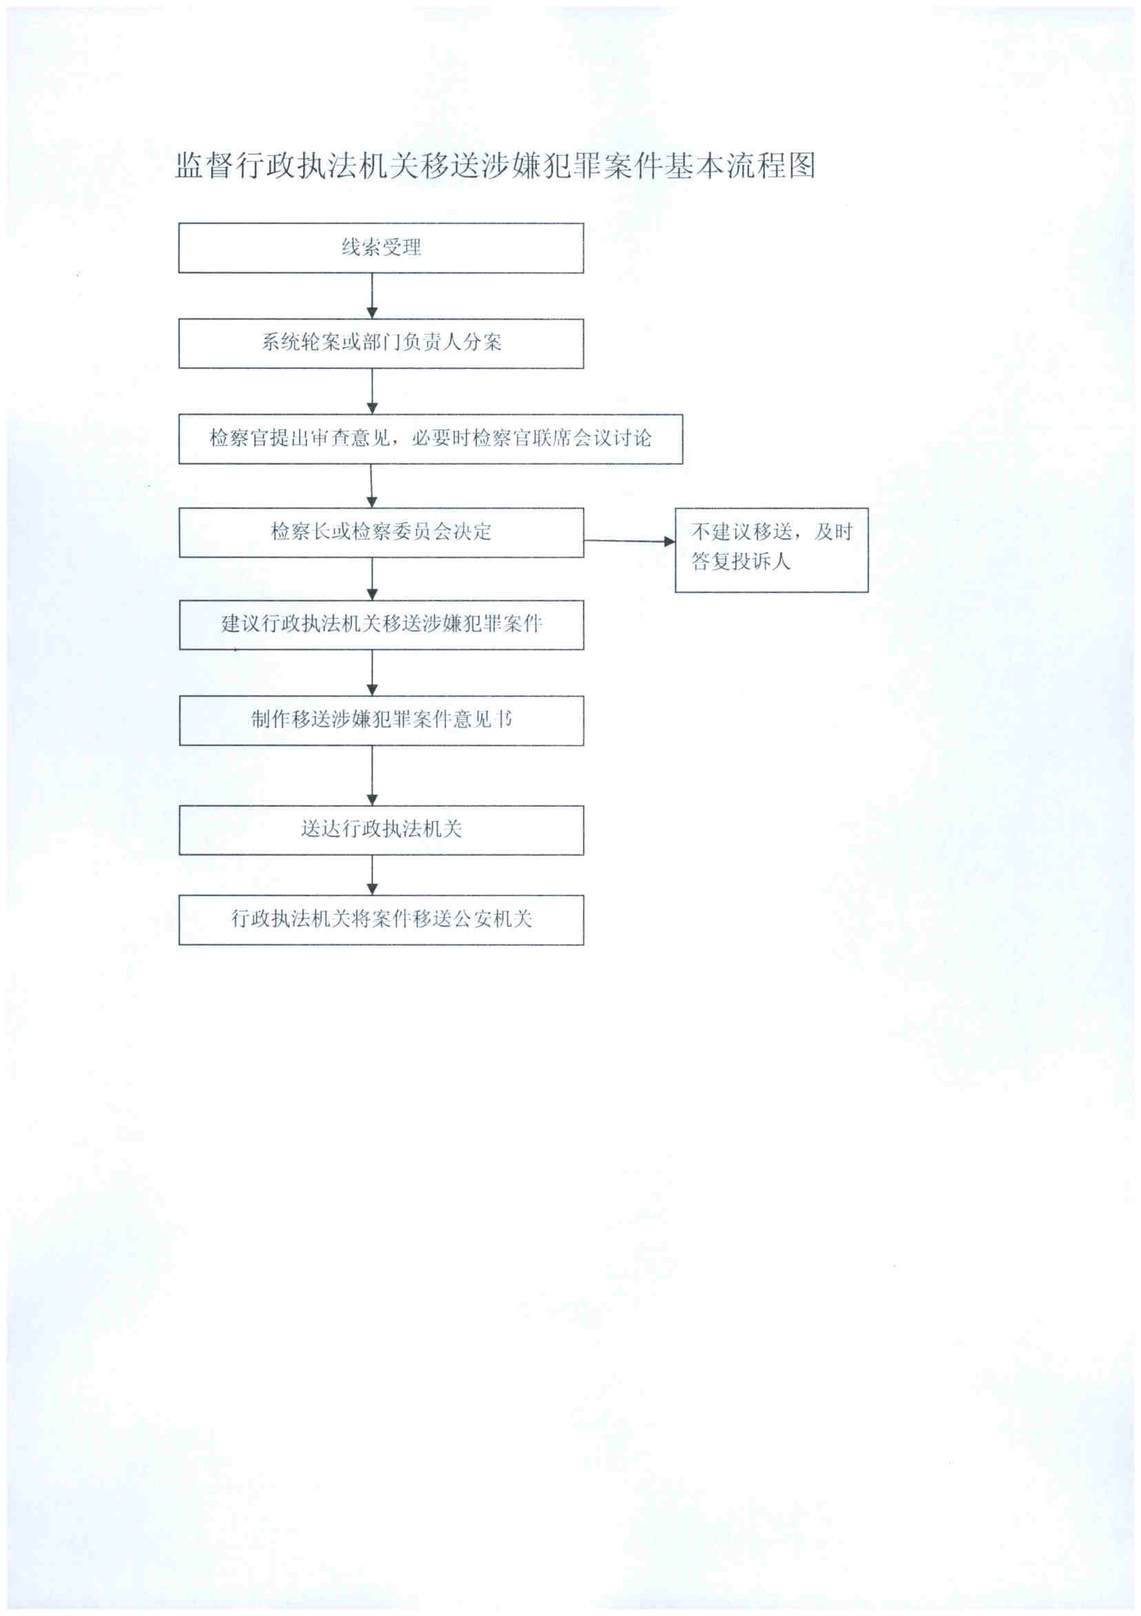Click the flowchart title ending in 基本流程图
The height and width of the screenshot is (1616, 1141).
click(x=495, y=166)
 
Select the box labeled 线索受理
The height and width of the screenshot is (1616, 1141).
click(x=380, y=248)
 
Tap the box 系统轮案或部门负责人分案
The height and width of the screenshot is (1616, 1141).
click(x=380, y=343)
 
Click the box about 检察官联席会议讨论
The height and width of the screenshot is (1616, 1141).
click(x=430, y=439)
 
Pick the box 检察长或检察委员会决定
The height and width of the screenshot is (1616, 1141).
click(x=380, y=533)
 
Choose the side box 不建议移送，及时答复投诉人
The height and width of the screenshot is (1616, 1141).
click(x=771, y=549)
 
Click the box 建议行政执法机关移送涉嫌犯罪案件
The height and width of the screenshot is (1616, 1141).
click(x=380, y=625)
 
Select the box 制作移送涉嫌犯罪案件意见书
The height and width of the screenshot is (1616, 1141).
click(x=380, y=720)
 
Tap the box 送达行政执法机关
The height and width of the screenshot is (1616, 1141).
click(x=380, y=830)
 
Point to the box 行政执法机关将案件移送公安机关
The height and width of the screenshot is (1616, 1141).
click(x=380, y=919)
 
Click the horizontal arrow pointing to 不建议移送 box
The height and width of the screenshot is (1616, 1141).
click(x=629, y=541)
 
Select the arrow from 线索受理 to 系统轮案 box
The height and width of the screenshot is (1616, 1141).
click(x=372, y=296)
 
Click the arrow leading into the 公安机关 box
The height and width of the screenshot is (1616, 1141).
click(x=372, y=875)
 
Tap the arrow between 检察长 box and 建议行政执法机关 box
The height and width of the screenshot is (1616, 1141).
click(x=372, y=579)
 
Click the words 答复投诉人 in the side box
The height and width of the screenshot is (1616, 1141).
click(x=740, y=562)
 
